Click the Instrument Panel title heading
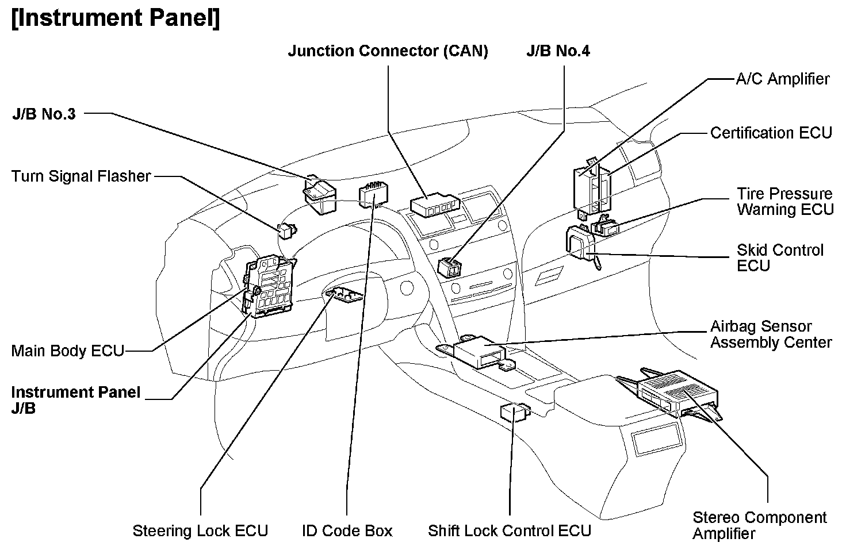tap(115, 18)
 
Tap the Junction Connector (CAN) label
tap(388, 51)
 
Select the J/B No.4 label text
tap(558, 51)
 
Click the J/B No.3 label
tap(44, 113)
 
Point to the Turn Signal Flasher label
tap(81, 176)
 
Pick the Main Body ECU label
tap(67, 351)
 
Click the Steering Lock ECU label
tap(200, 530)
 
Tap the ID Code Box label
tap(347, 530)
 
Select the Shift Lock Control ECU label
tap(510, 530)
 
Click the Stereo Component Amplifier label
tap(759, 525)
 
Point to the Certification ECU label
tap(771, 133)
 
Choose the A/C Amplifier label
tap(783, 79)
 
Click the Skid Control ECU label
tap(779, 257)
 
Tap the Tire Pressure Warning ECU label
tap(785, 201)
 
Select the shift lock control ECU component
tap(514, 411)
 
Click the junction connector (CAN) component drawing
tap(434, 205)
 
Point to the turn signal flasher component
tap(287, 230)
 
